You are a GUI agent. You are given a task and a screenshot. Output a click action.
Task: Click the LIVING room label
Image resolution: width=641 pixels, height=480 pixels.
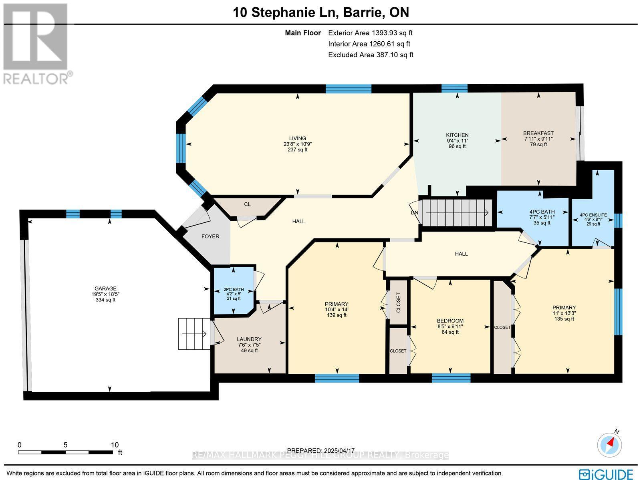297,139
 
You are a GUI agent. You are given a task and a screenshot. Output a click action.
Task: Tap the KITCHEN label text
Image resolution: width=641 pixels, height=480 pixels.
457,135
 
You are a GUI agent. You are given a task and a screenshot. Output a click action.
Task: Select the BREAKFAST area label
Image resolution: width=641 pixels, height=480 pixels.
538,133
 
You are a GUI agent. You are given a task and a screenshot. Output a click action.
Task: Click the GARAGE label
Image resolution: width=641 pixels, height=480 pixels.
105,288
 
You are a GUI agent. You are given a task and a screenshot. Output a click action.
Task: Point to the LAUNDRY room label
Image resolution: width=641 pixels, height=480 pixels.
249,339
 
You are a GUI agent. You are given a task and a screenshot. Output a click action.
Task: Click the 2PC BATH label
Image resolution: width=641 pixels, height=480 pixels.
234,289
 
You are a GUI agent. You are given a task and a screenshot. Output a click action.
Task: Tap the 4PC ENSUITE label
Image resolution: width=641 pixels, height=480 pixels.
593,215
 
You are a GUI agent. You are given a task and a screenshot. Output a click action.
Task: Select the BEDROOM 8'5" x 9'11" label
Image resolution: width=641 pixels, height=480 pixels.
450,321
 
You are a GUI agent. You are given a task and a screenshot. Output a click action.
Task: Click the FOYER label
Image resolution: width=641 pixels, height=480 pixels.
210,236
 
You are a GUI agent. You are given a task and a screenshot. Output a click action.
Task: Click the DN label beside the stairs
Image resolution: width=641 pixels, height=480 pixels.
414,213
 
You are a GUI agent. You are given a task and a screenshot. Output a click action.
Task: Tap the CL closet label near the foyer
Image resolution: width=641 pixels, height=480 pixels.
247,204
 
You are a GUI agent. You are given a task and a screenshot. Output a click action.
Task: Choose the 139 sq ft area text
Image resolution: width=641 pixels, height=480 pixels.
337,315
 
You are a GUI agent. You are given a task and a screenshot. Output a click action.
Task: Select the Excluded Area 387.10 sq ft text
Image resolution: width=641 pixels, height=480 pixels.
370,55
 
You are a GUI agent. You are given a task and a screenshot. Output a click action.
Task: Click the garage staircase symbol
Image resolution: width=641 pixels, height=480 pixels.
194,333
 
